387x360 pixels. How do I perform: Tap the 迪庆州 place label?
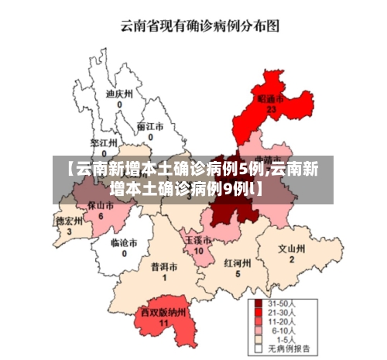[x=119, y=94]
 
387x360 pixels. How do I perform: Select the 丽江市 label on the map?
[x=150, y=126]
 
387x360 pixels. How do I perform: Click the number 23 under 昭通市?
[x=271, y=110]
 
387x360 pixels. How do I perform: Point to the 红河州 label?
[x=238, y=263]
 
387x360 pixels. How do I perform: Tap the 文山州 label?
[x=292, y=249]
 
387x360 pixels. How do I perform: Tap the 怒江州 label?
[x=104, y=143]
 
